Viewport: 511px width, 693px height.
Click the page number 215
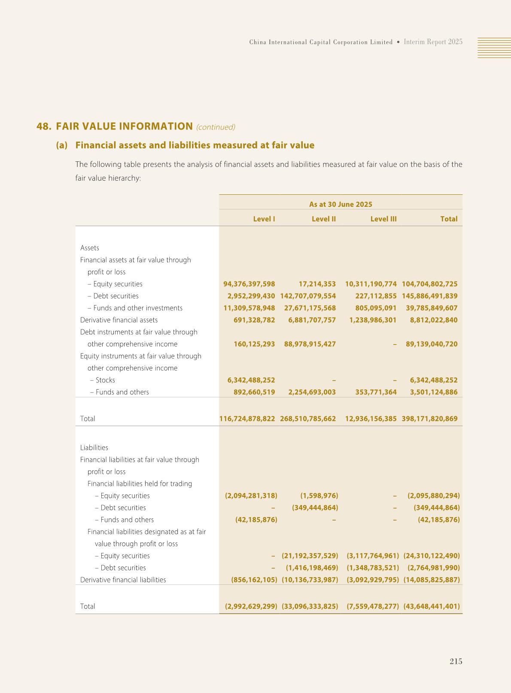[x=456, y=661]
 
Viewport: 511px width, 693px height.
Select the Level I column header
[x=264, y=219]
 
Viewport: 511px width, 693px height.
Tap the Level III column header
[x=383, y=219]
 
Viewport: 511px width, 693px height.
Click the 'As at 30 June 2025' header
[x=341, y=204]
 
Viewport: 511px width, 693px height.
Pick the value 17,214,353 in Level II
[x=317, y=284]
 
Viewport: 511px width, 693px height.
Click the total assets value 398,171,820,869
[x=429, y=419]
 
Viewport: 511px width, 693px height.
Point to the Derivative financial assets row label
[x=119, y=320]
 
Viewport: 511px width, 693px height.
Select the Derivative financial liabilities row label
[x=123, y=580]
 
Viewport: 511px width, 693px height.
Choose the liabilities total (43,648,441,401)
[x=432, y=606]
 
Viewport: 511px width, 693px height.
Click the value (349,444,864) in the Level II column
[x=315, y=508]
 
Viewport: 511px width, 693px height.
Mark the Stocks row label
[x=105, y=380]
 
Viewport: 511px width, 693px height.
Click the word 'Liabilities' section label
[x=94, y=448]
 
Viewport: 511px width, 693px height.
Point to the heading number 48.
[x=44, y=127]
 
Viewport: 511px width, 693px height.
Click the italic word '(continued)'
[x=216, y=127]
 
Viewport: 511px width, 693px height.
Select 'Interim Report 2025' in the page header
[x=433, y=42]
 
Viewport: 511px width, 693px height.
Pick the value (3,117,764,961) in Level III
[x=373, y=556]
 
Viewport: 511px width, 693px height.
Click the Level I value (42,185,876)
[x=256, y=520]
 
